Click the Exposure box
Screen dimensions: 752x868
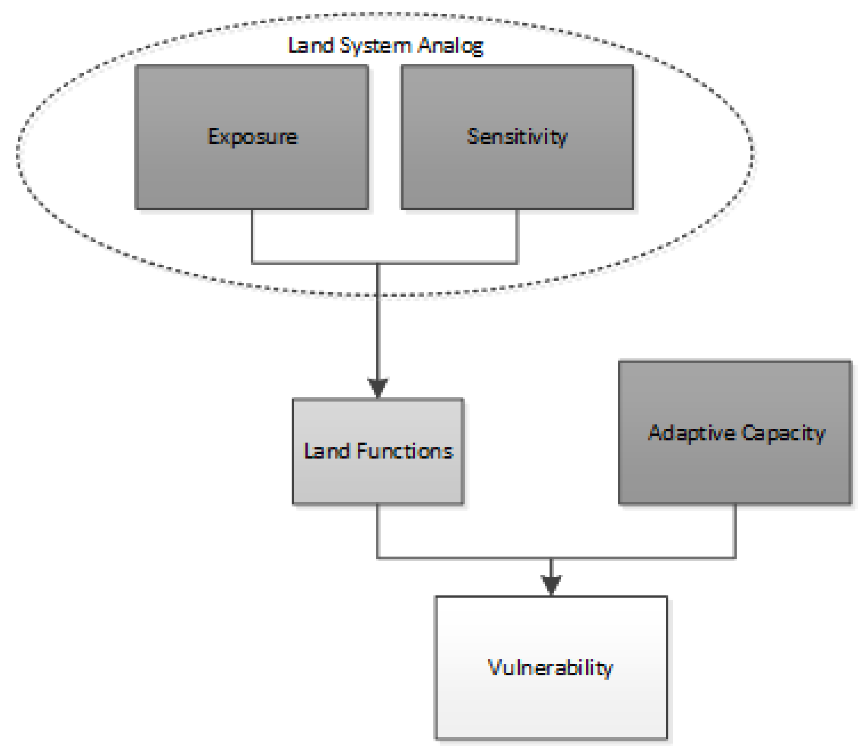252,168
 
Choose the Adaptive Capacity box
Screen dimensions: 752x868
734,470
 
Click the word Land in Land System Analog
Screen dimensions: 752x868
310,45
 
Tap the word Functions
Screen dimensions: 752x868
405,451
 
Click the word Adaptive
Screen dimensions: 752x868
692,433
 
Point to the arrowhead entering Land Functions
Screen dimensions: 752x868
378,386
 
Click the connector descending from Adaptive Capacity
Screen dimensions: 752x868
734,531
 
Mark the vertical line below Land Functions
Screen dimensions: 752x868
378,531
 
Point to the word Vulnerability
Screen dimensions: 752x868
550,668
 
